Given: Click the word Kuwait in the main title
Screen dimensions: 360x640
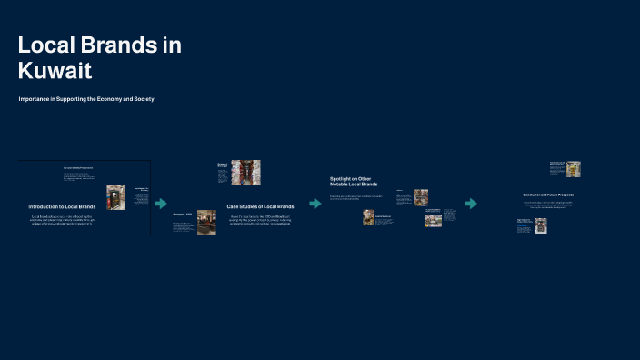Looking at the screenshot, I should (x=55, y=69).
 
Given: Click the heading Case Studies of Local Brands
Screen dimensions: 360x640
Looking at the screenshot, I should (x=260, y=207).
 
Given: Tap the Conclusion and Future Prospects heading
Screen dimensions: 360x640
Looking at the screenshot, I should (x=548, y=195).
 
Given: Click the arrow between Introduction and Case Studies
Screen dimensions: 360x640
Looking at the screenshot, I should (x=161, y=204).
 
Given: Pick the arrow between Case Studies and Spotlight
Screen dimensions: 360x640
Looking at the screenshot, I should (x=315, y=204).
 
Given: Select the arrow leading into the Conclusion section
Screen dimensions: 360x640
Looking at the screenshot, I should (x=471, y=204).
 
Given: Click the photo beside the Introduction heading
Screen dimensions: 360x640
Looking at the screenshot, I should (x=116, y=197).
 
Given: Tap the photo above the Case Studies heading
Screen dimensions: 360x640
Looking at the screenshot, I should (x=245, y=173).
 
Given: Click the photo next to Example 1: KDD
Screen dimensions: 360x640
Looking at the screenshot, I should (x=206, y=223).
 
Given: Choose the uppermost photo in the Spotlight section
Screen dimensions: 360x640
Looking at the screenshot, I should (x=421, y=197).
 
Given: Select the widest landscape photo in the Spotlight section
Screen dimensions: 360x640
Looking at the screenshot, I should (x=433, y=220).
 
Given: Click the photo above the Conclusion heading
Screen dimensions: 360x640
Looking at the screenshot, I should (x=573, y=169).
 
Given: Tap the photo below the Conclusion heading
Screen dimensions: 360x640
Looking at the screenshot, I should (x=541, y=225).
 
